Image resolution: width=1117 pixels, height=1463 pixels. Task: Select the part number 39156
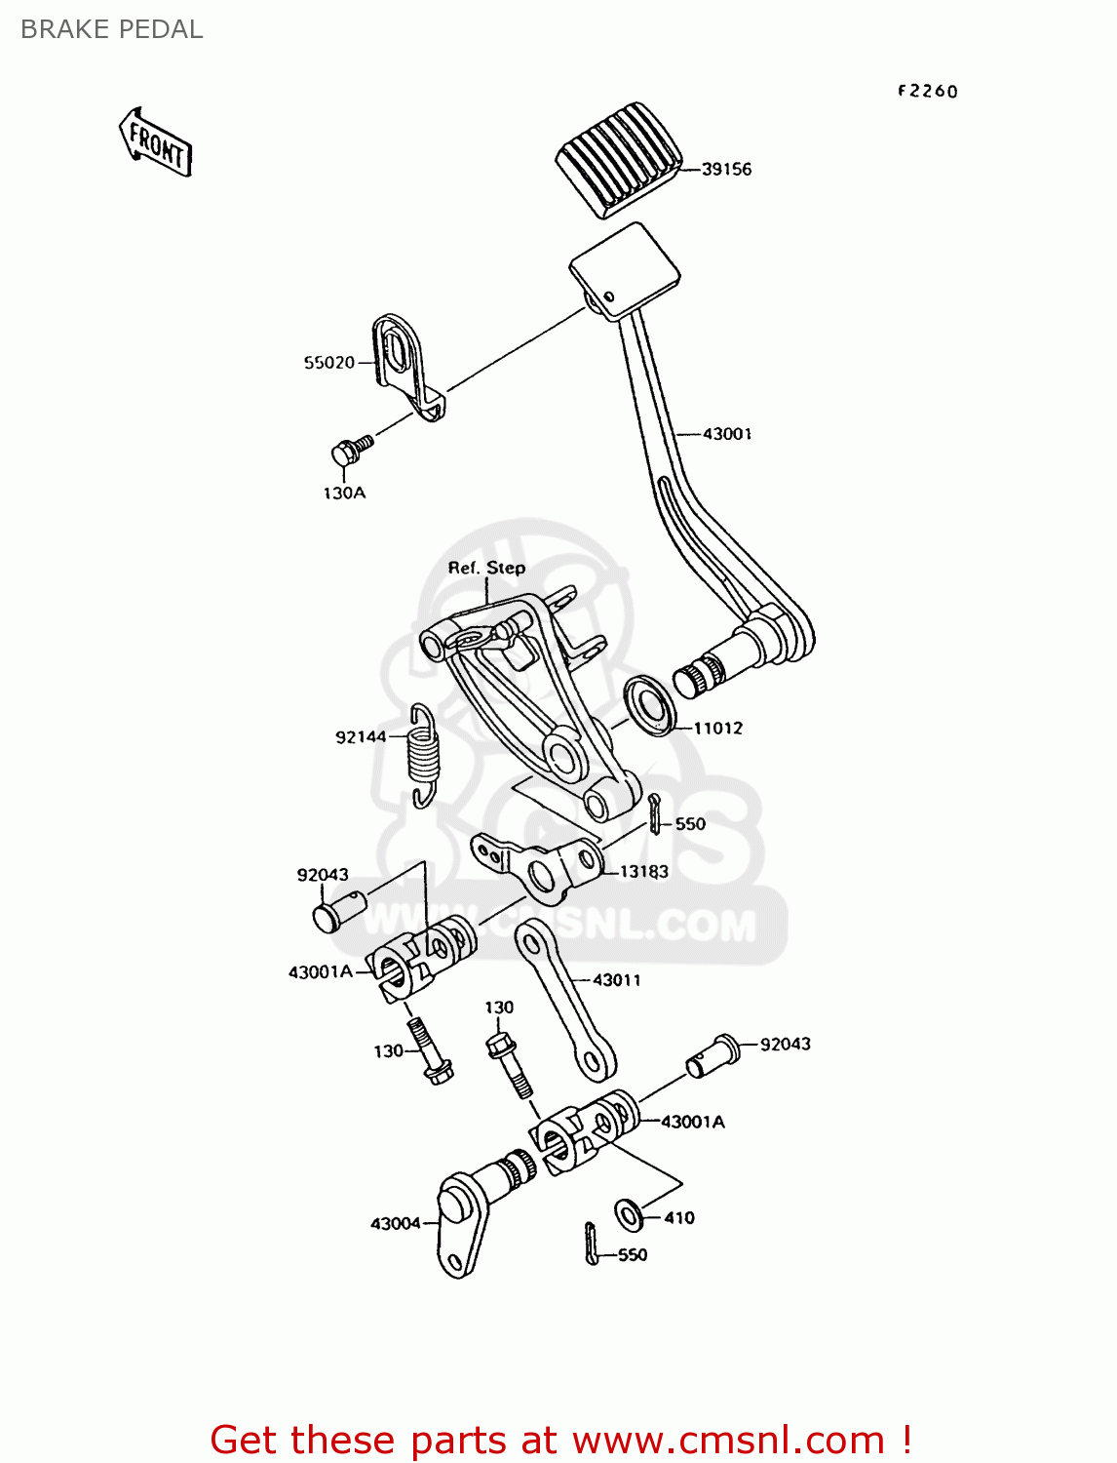[726, 169]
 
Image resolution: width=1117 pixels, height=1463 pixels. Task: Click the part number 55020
[329, 363]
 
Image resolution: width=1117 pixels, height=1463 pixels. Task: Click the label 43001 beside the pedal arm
[727, 434]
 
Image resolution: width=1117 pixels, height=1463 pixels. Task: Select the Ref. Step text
[486, 568]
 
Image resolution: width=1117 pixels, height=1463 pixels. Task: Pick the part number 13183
[644, 871]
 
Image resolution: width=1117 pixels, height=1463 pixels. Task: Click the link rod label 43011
[617, 980]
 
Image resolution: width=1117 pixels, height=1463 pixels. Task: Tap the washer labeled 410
[630, 1214]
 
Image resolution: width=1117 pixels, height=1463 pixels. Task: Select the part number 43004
[395, 1223]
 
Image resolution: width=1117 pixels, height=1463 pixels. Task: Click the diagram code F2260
[928, 91]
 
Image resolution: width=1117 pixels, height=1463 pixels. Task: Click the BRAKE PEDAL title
[112, 29]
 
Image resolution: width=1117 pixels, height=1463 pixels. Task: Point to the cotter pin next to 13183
[655, 813]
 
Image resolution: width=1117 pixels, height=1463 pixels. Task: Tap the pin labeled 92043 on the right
[710, 1055]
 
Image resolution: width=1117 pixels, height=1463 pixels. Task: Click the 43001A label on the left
[321, 971]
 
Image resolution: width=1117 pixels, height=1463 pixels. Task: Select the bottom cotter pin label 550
[633, 1255]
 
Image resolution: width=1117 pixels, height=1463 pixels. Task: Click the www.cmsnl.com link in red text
[728, 1440]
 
